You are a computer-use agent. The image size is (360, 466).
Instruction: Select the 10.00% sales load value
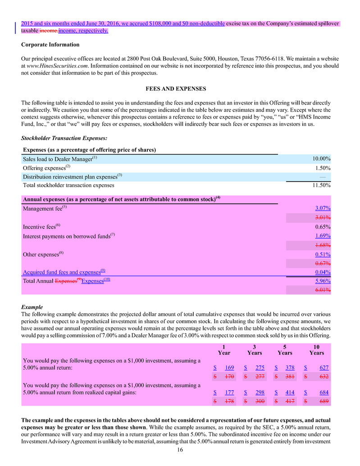click(322, 159)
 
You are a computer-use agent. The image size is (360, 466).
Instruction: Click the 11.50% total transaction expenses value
click(322, 185)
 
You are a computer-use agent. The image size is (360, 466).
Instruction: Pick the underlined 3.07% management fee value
click(323, 208)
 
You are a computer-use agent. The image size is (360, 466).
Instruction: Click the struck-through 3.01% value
click(323, 218)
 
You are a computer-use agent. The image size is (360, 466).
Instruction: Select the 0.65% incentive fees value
click(323, 227)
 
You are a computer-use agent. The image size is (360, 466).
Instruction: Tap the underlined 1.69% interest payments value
click(323, 236)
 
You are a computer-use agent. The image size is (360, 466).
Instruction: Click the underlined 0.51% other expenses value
click(323, 254)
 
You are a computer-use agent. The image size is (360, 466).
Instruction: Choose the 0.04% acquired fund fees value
click(323, 272)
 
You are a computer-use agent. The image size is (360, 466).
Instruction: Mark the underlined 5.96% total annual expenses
click(323, 281)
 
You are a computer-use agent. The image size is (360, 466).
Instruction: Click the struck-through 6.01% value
click(323, 291)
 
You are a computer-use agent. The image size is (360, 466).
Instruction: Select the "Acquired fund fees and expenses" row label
click(64, 272)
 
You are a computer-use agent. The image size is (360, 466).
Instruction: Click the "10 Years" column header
click(317, 350)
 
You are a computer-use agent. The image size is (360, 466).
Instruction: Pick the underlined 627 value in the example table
click(324, 367)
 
